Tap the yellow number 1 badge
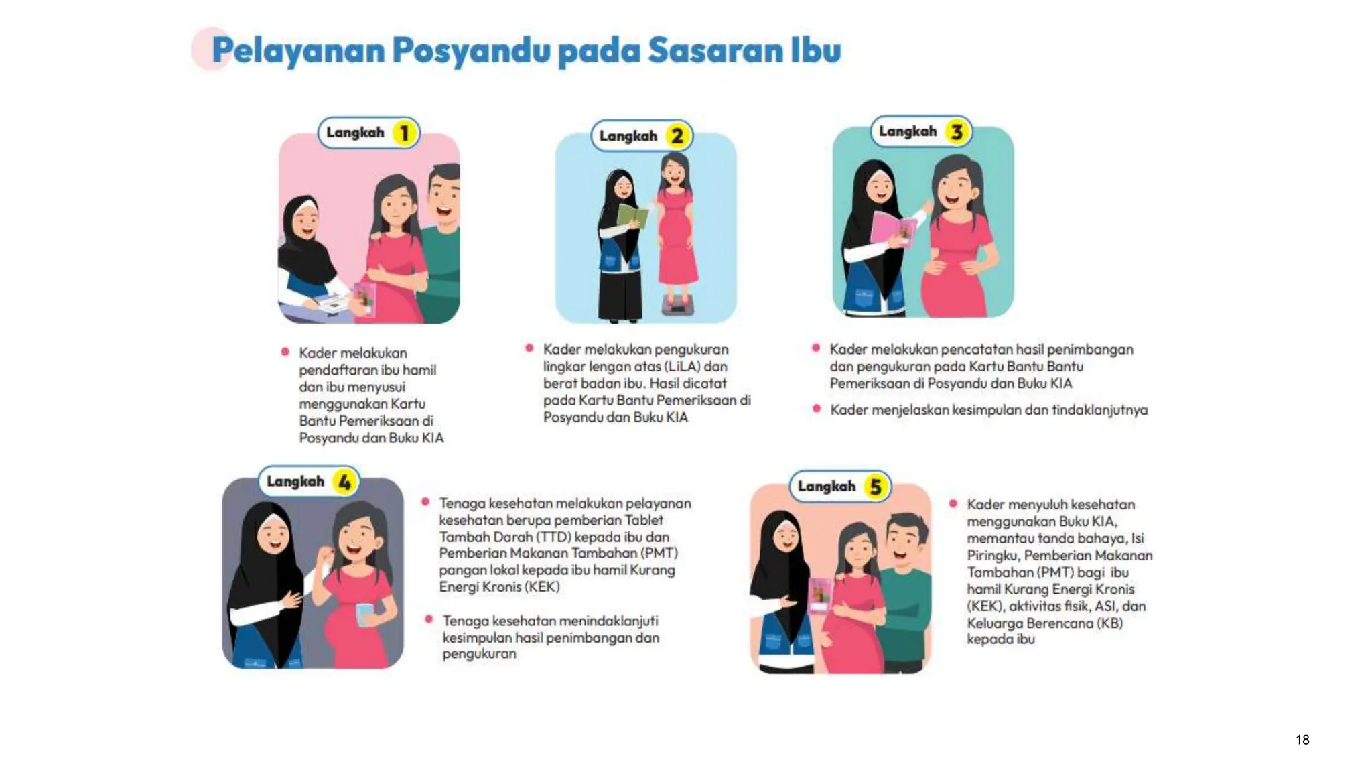tap(404, 133)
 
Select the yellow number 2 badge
tap(677, 136)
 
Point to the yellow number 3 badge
tap(957, 131)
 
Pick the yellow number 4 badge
tap(344, 482)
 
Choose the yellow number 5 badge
tap(875, 487)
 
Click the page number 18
tap(1302, 739)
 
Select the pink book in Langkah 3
tap(894, 229)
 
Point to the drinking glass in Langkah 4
tap(365, 614)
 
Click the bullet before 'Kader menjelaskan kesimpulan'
tap(816, 409)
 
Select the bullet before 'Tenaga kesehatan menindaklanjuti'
tap(429, 619)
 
